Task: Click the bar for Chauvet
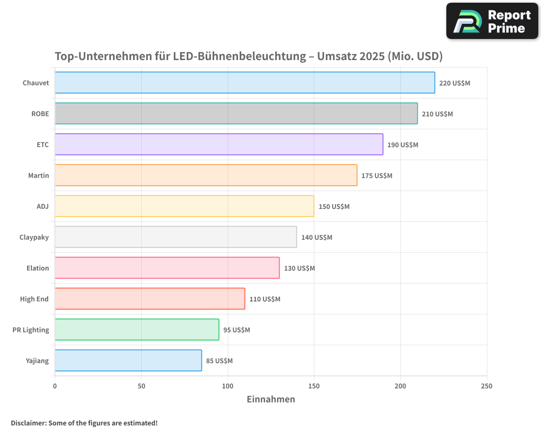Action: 245,83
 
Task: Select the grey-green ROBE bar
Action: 236,114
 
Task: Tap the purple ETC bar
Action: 219,145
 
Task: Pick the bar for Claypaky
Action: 175,237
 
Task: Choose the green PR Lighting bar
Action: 137,330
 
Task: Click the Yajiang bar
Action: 128,360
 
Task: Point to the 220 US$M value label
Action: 454,83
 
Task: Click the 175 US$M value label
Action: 377,176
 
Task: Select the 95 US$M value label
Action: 236,330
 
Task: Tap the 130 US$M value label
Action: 299,268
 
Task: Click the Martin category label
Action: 38,175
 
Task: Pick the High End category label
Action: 35,299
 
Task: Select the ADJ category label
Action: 42,206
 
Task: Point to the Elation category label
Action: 38,268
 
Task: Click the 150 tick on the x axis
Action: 314,386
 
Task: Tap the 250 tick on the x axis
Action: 486,386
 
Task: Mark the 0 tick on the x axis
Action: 55,386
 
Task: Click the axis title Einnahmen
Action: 270,399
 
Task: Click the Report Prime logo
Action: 492,21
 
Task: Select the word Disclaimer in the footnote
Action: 28,423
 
